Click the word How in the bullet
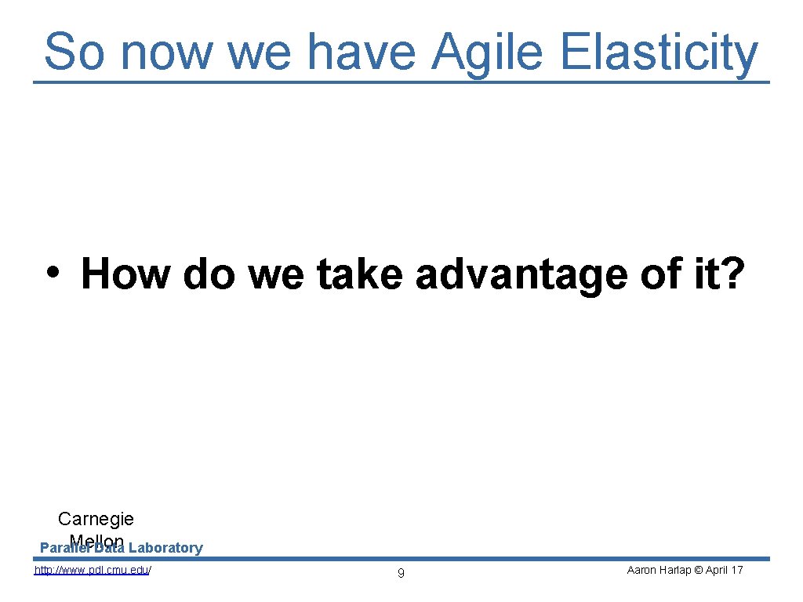125,274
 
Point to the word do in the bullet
209,274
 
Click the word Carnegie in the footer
96,519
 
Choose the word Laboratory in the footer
165,548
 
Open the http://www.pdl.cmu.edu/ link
93,570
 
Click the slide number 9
401,573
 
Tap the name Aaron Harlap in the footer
659,570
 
